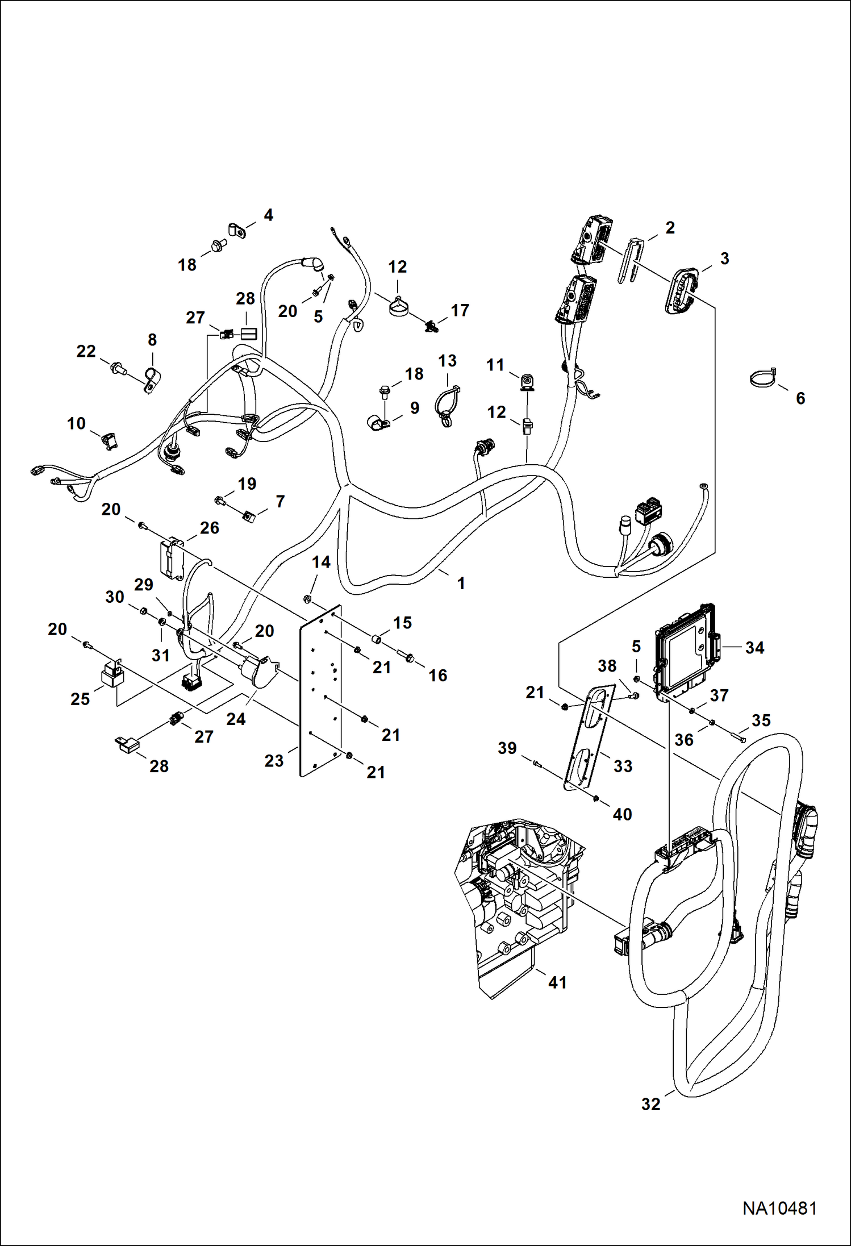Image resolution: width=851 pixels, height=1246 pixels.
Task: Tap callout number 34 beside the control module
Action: click(754, 647)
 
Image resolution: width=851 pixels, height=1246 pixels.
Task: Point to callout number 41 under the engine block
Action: click(557, 982)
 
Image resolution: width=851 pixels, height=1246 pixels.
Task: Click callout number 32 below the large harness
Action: click(651, 1104)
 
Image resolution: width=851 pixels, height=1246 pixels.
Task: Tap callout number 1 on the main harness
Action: click(461, 583)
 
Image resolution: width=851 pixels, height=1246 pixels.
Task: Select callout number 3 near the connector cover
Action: click(724, 259)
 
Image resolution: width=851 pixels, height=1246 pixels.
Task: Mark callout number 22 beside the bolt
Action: click(86, 352)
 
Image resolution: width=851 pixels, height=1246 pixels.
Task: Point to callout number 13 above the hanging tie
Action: click(447, 361)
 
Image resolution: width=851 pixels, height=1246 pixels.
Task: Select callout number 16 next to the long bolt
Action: click(437, 675)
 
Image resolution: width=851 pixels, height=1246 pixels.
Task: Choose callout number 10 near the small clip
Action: click(76, 423)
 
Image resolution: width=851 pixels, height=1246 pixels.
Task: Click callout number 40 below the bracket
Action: click(622, 814)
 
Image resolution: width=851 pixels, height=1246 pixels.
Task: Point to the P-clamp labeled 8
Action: click(152, 380)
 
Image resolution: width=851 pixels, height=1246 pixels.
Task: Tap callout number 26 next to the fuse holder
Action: click(209, 528)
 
